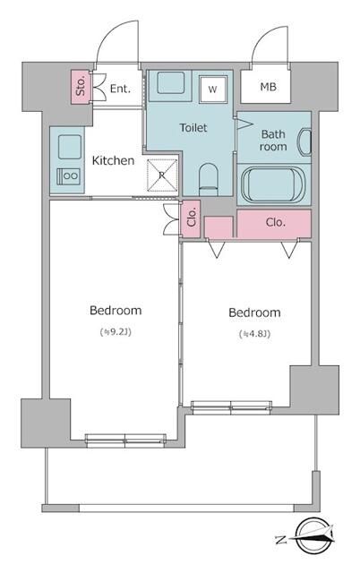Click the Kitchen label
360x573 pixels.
pyautogui.click(x=113, y=160)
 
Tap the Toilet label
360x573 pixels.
pyautogui.click(x=193, y=127)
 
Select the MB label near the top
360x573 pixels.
pyautogui.click(x=269, y=87)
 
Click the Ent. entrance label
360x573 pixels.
pyautogui.click(x=120, y=89)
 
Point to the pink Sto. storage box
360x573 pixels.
pyautogui.click(x=80, y=87)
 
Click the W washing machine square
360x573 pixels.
pyautogui.click(x=213, y=90)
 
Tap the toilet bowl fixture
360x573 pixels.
pyautogui.click(x=209, y=179)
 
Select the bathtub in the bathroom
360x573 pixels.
pyautogui.click(x=274, y=185)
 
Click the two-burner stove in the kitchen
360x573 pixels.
pyautogui.click(x=68, y=176)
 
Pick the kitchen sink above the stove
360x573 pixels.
pyautogui.click(x=70, y=147)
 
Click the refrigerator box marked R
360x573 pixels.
pyautogui.click(x=162, y=175)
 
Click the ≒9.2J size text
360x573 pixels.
pyautogui.click(x=116, y=332)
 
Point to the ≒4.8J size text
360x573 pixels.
pyautogui.click(x=254, y=334)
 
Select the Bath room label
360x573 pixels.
pyautogui.click(x=273, y=141)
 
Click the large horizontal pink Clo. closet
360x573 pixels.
pyautogui.click(x=274, y=223)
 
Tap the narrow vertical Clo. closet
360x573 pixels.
pyautogui.click(x=191, y=218)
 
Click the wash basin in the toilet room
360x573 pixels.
pyautogui.click(x=171, y=82)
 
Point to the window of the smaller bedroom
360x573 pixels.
pyautogui.click(x=231, y=407)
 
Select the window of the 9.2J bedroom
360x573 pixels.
pyautogui.click(x=125, y=440)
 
